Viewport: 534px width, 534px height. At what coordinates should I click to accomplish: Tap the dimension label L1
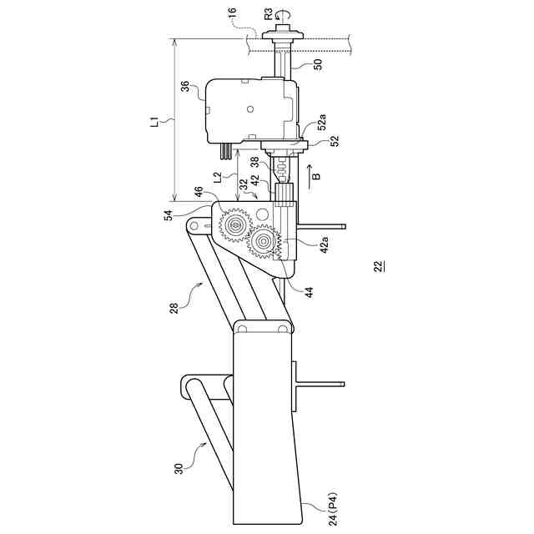(x=154, y=122)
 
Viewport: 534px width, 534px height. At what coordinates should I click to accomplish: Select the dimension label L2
(x=217, y=177)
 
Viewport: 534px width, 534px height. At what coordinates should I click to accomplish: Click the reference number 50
(x=317, y=63)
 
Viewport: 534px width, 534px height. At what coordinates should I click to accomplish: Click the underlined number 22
(x=379, y=267)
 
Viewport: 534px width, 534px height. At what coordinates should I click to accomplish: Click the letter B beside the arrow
(x=315, y=178)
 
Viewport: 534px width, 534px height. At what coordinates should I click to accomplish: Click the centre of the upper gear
(x=236, y=225)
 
